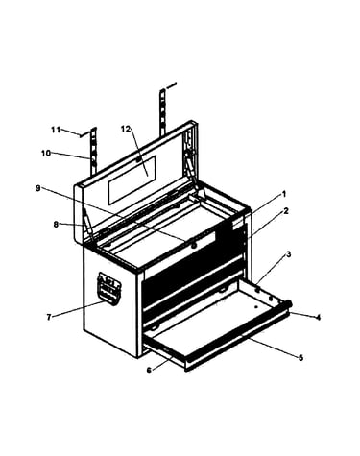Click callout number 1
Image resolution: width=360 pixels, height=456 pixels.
pyautogui.click(x=283, y=194)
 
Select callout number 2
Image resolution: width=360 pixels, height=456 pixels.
pyautogui.click(x=286, y=211)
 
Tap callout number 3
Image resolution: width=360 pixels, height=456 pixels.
pyautogui.click(x=288, y=254)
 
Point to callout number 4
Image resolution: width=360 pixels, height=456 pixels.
pyautogui.click(x=318, y=317)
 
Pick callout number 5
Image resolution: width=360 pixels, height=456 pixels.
pyautogui.click(x=300, y=357)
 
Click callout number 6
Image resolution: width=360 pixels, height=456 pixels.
pyautogui.click(x=149, y=371)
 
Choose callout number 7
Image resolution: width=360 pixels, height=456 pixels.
pyautogui.click(x=49, y=317)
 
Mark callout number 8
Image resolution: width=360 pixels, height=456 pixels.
pyautogui.click(x=56, y=225)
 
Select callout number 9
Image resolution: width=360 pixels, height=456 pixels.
pyautogui.click(x=38, y=188)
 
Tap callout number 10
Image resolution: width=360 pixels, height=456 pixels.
pyautogui.click(x=46, y=154)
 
